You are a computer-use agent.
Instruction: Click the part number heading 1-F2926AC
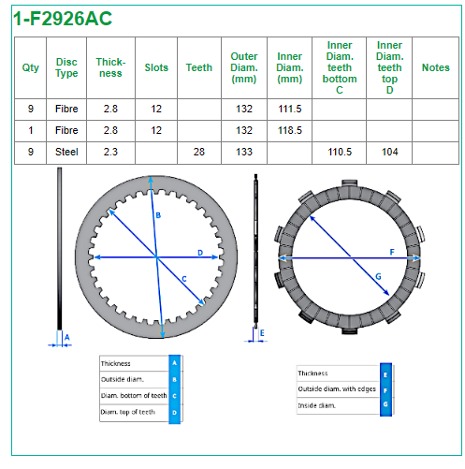63,19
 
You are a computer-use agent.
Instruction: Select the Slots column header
156,67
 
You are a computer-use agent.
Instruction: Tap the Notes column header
436,67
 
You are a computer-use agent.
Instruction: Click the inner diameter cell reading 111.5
290,109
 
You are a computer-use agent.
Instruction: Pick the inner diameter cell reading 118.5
290,130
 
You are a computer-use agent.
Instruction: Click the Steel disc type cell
66,152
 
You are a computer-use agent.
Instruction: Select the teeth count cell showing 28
199,152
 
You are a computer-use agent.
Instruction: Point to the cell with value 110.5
340,152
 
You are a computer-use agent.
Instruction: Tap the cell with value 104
390,152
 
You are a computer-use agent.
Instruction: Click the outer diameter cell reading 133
244,152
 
